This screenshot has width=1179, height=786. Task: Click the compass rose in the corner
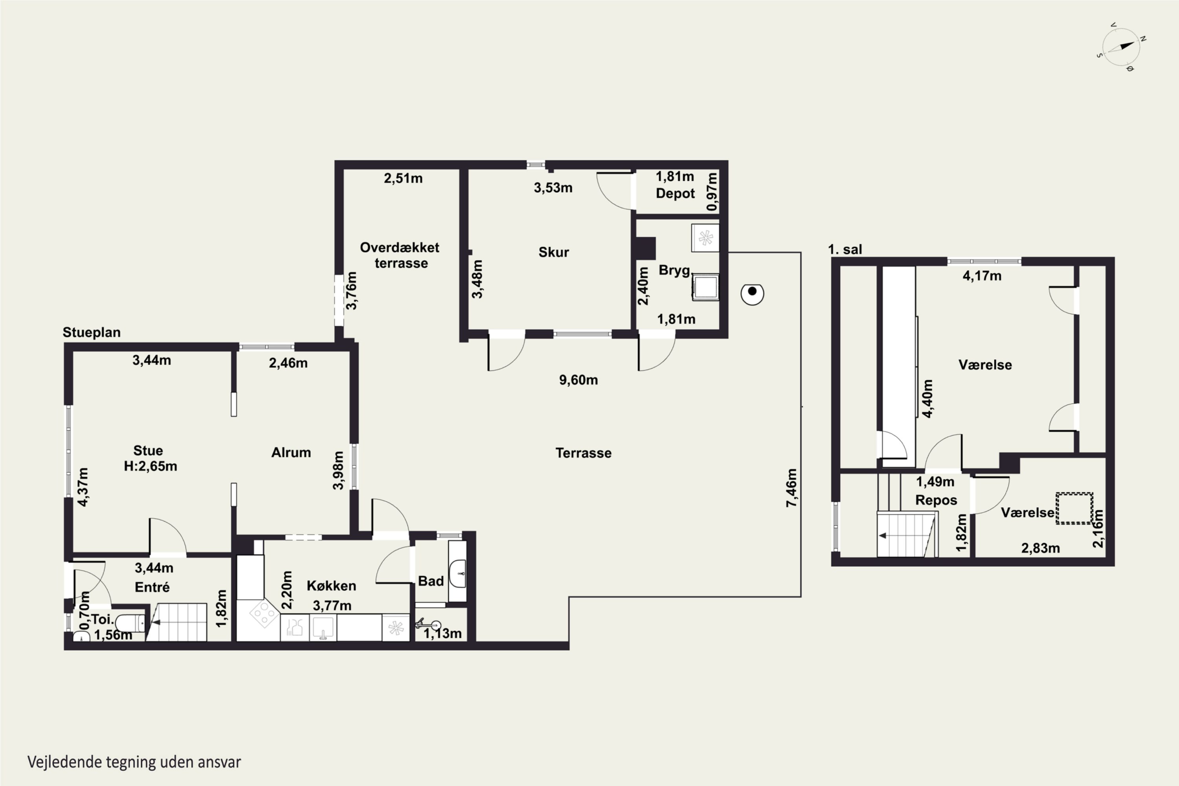click(x=1121, y=47)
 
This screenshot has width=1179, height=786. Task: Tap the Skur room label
click(x=553, y=252)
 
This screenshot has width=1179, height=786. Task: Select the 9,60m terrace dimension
click(x=578, y=380)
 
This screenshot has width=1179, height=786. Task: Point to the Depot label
click(x=675, y=193)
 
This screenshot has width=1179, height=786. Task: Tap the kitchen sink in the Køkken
click(x=323, y=628)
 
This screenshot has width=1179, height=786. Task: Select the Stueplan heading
click(x=92, y=332)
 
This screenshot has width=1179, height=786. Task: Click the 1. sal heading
click(x=845, y=249)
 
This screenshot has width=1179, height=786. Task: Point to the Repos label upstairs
click(x=936, y=500)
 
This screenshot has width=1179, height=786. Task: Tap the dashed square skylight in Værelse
click(x=1074, y=508)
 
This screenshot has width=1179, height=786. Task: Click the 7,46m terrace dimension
click(x=792, y=488)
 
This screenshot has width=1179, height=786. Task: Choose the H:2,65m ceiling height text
click(x=151, y=466)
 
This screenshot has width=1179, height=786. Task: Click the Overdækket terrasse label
click(x=400, y=255)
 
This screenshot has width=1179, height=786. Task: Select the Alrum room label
click(x=291, y=453)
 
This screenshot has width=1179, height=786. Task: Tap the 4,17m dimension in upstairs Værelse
click(x=982, y=276)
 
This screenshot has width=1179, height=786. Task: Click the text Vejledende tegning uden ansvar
click(x=134, y=762)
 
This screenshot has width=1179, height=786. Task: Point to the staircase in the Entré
click(x=176, y=622)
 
